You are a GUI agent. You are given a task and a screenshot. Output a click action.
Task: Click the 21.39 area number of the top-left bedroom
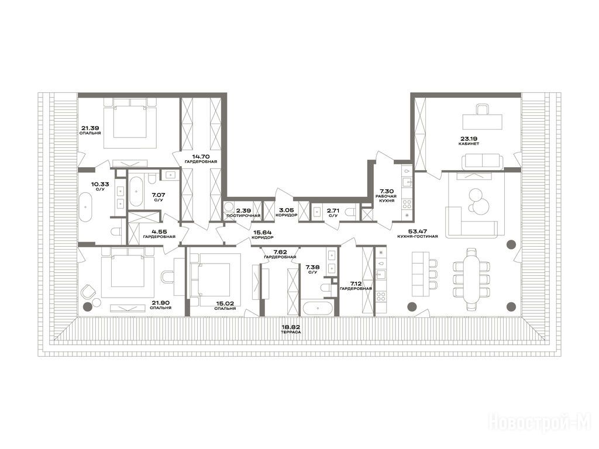tap(89, 128)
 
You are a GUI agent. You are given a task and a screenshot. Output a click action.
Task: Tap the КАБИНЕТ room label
tap(469, 144)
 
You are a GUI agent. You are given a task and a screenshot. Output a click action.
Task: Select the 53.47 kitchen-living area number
tap(418, 231)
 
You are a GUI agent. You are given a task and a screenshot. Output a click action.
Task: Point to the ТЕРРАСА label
tap(291, 332)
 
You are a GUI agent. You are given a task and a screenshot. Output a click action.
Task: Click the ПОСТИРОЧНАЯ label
tap(243, 216)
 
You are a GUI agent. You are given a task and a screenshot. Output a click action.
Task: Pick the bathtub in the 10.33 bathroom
tap(85, 206)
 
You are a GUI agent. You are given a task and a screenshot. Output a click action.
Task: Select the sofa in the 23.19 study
tap(481, 161)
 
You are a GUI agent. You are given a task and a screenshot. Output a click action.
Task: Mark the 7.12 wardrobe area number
tap(356, 284)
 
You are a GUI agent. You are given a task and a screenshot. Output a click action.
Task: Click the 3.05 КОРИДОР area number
tap(286, 210)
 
